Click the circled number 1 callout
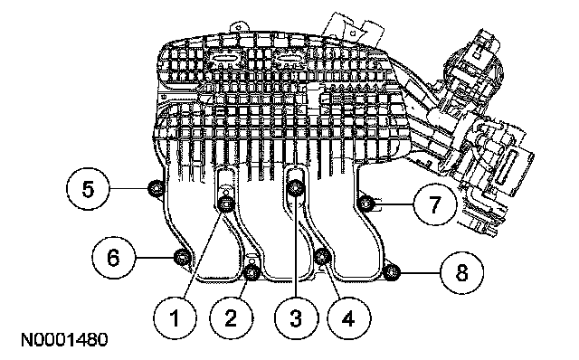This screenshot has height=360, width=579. click(x=176, y=317)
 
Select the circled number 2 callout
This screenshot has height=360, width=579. click(x=232, y=317)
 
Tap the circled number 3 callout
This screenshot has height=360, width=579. click(x=296, y=317)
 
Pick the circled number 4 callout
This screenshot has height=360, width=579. click(x=349, y=317)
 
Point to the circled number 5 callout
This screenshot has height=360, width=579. click(x=88, y=189)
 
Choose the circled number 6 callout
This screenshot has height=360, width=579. click(x=114, y=257)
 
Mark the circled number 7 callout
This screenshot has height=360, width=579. click(x=434, y=204)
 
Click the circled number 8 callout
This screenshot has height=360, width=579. click(x=461, y=272)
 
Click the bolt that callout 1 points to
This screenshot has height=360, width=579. click(x=226, y=205)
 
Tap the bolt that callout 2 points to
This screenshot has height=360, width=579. click(x=252, y=273)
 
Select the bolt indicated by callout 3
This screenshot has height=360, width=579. click(x=296, y=188)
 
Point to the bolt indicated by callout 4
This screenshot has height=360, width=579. click(x=322, y=256)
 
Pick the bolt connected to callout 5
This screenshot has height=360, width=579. click(x=156, y=189)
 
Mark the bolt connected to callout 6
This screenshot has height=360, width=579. click(x=182, y=257)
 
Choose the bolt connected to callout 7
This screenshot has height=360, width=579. click(x=366, y=204)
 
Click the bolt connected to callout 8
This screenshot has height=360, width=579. click(x=392, y=272)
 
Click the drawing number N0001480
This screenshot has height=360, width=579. click(x=64, y=340)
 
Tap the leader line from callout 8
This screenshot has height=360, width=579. click(x=420, y=272)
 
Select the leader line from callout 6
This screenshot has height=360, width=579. click(x=155, y=257)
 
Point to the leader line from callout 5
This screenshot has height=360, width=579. click(x=128, y=189)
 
